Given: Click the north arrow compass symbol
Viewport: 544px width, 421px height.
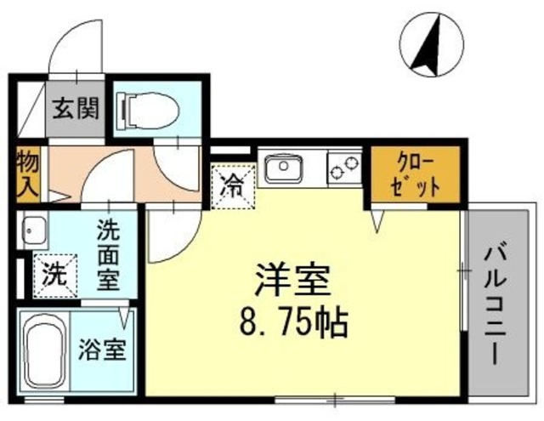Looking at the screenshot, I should (x=432, y=44).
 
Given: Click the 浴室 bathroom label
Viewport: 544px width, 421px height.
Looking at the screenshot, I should (x=103, y=350).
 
